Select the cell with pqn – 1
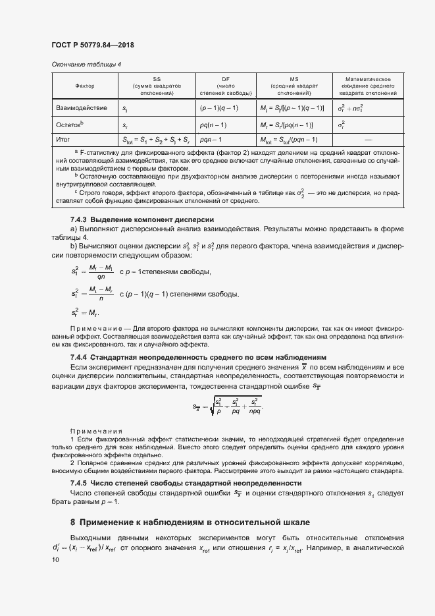pos(211,140)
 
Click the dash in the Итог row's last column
pos(367,140)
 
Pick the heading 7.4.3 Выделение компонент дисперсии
pos(143,219)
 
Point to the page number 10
pos(55,559)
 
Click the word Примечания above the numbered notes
pos(91,429)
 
